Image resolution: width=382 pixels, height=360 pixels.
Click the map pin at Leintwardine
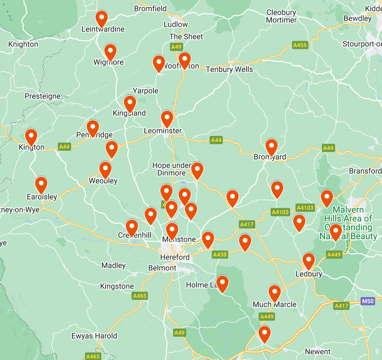(x=102, y=19)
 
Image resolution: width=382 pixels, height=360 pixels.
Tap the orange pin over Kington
(x=31, y=137)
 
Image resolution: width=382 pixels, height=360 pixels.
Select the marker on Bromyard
(x=271, y=147)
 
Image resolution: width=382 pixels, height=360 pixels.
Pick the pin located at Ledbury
(x=309, y=261)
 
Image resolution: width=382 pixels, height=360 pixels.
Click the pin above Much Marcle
(x=275, y=293)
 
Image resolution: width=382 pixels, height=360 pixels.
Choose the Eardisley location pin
(x=41, y=185)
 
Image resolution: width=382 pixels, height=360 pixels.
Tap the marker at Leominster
(x=167, y=119)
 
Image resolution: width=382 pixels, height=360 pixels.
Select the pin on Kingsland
(x=130, y=104)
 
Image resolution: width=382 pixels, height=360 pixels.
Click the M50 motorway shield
(x=368, y=301)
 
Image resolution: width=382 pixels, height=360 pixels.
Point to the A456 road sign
(x=300, y=45)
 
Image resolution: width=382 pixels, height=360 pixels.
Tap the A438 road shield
(x=220, y=255)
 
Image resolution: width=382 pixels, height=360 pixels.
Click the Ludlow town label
(x=176, y=25)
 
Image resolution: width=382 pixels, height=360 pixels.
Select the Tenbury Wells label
(x=229, y=69)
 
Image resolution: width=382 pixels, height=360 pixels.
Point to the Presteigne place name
(x=42, y=96)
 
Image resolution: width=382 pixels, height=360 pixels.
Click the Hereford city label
(x=175, y=257)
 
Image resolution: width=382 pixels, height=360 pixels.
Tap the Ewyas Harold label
(x=94, y=336)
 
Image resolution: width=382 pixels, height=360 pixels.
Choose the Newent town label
(x=318, y=352)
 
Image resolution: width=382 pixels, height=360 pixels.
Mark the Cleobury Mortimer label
(x=281, y=16)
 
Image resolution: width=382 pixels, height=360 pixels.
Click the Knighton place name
(x=23, y=44)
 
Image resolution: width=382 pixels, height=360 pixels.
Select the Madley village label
(x=113, y=266)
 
